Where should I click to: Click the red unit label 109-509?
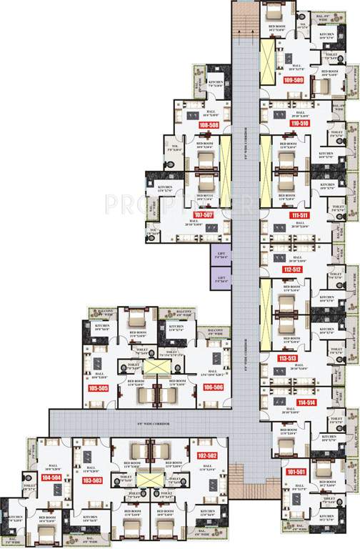coord(294,80)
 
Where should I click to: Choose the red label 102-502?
coord(207,455)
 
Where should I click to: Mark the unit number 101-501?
coord(296,472)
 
